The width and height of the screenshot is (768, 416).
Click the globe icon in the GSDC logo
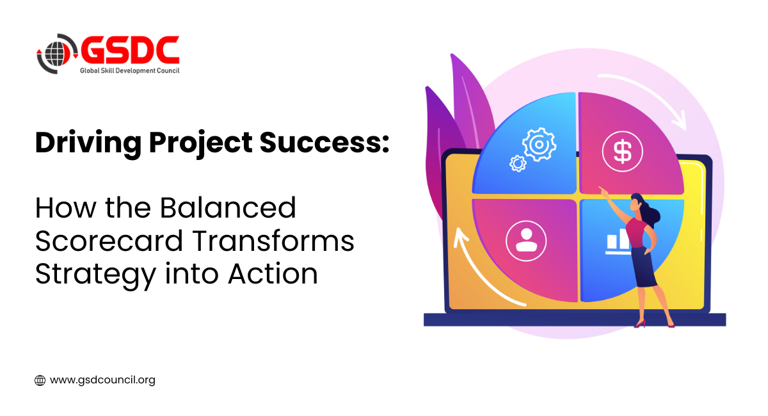coord(55,54)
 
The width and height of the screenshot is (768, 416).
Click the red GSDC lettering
coord(130,50)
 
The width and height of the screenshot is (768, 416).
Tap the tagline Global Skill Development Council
coord(129,70)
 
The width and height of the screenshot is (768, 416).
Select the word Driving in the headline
coord(88,143)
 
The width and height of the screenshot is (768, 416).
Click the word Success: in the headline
coord(324,142)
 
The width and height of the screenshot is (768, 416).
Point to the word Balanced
coord(228,208)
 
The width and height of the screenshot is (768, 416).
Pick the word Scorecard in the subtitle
coord(109,241)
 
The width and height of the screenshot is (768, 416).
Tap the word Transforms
coord(273,241)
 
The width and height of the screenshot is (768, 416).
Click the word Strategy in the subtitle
coord(95,275)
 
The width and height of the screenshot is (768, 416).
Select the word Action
coord(273,274)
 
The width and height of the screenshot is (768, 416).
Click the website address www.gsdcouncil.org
coord(102,380)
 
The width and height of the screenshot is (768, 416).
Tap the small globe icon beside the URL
coord(40,380)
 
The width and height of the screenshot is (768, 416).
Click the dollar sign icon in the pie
coord(622,152)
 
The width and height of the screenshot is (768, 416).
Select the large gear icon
coord(539,145)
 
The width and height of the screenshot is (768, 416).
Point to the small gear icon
coord(518,163)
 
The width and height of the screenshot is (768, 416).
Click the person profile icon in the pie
coord(526,241)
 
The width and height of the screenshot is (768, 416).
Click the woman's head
coord(637,203)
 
